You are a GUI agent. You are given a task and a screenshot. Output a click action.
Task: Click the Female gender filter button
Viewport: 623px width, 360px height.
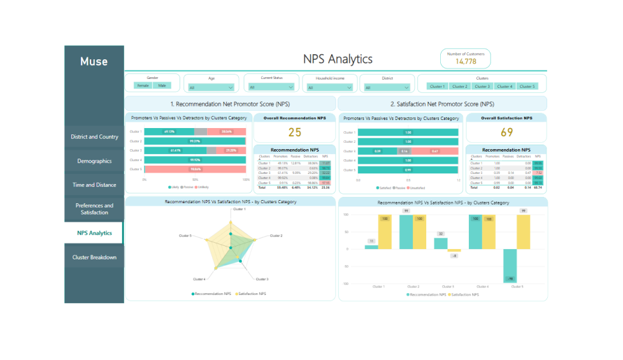[143, 85]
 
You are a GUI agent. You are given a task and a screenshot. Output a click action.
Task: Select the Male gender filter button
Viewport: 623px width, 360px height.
[162, 85]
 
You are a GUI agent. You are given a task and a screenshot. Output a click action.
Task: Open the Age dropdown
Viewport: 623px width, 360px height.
[211, 87]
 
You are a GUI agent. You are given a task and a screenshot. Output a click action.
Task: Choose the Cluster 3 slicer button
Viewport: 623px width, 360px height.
[482, 87]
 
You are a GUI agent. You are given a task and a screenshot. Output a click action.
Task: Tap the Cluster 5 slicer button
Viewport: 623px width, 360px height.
[527, 87]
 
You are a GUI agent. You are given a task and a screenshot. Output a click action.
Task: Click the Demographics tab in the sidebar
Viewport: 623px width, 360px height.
[94, 161]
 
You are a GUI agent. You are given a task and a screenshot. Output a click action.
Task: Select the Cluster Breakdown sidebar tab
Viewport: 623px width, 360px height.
[94, 257]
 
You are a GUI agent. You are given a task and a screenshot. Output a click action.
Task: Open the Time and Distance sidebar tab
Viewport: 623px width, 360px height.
[94, 185]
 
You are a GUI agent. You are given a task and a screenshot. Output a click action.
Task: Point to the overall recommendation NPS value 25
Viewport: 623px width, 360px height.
[294, 133]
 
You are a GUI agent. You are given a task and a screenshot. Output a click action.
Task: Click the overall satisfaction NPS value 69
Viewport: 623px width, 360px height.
[507, 133]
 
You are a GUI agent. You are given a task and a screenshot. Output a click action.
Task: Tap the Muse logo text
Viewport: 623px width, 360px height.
[94, 62]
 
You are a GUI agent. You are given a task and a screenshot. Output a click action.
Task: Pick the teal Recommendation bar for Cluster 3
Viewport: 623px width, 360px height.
[441, 243]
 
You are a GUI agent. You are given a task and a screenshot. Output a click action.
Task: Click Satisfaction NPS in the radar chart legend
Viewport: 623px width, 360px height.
[251, 294]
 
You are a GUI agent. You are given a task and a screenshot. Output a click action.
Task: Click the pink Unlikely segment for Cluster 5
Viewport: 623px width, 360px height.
[195, 169]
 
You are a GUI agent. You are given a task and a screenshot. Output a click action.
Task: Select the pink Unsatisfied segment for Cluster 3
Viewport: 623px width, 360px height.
[434, 151]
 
